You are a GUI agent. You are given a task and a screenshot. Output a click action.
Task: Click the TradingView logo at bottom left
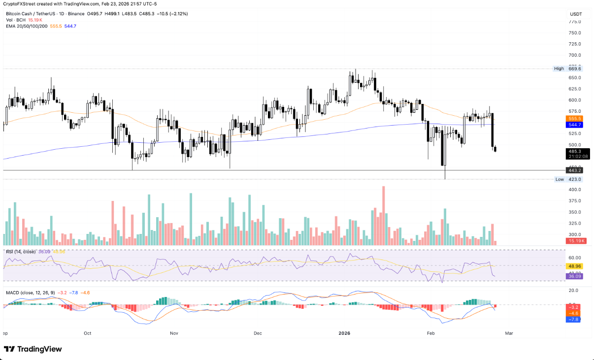coord(33,349)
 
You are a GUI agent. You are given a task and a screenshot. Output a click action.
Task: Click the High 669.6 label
coord(568,69)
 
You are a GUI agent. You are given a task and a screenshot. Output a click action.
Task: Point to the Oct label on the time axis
coord(88,333)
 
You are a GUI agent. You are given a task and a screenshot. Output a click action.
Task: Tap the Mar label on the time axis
coord(509,333)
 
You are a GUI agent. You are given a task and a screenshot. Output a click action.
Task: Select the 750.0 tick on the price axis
coord(575,33)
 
